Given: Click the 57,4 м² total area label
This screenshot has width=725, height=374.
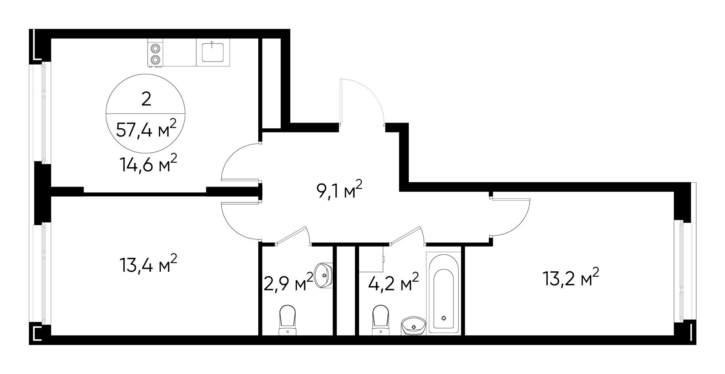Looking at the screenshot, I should pyautogui.click(x=146, y=129).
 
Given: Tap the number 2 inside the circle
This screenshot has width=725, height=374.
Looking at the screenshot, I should pyautogui.click(x=146, y=99).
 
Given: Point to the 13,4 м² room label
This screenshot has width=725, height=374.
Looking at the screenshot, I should pyautogui.click(x=148, y=264).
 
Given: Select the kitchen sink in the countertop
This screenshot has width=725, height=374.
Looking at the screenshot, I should pyautogui.click(x=213, y=52).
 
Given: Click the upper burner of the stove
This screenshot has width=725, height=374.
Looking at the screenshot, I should pyautogui.click(x=155, y=48).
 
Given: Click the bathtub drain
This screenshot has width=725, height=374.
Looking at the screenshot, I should pyautogui.click(x=444, y=318).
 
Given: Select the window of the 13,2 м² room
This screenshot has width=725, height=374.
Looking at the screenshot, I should pyautogui.click(x=681, y=272).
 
